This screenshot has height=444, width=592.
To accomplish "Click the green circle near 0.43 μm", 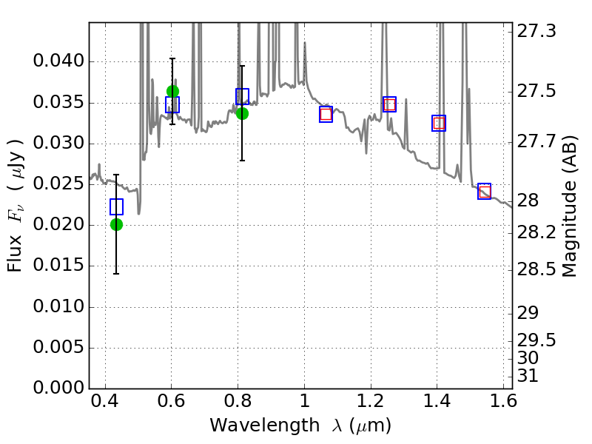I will (x=116, y=224).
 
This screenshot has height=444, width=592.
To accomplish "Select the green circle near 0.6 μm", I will (x=172, y=91).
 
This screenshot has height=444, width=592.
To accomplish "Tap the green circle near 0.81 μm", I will (x=242, y=113).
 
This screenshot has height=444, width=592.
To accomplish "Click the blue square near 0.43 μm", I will (x=116, y=206).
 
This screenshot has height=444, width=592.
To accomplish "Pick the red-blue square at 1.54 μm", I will (x=485, y=192).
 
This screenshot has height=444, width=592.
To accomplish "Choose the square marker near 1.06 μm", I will (x=326, y=114).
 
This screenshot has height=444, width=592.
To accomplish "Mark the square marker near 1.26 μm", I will (x=389, y=104).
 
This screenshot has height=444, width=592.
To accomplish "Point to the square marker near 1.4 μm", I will (x=439, y=123).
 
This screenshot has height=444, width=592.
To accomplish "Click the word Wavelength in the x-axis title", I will (x=252, y=425).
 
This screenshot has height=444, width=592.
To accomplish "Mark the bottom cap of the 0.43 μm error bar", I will (x=116, y=274).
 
